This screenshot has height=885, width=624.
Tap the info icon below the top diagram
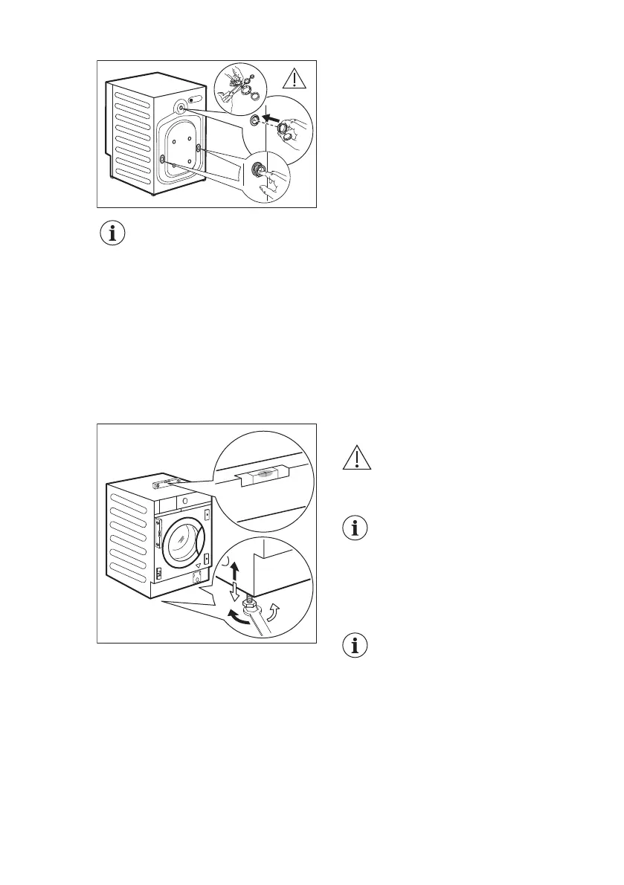click(113, 234)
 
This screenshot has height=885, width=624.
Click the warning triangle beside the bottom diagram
click(358, 459)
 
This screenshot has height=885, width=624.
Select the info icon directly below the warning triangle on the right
click(358, 529)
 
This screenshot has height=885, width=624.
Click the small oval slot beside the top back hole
click(196, 100)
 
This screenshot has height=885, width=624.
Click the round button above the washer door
click(183, 502)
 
